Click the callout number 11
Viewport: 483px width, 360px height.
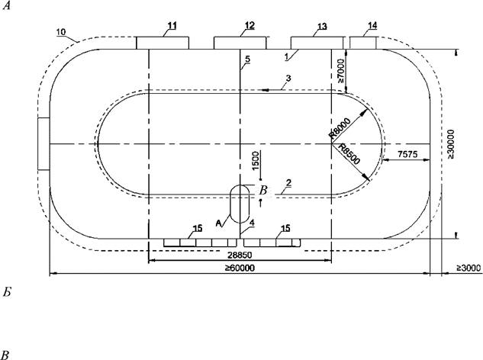point(172,27)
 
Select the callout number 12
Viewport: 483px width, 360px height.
point(250,26)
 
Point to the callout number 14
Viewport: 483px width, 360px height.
point(372,26)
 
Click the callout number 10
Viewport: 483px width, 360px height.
point(62,33)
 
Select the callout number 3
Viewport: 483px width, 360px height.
point(288,78)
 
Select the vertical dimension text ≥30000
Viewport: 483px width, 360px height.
point(451,145)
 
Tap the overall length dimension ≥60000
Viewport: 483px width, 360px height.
point(238,268)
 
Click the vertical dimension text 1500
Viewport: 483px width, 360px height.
point(256,162)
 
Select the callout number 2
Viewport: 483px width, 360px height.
point(288,183)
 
